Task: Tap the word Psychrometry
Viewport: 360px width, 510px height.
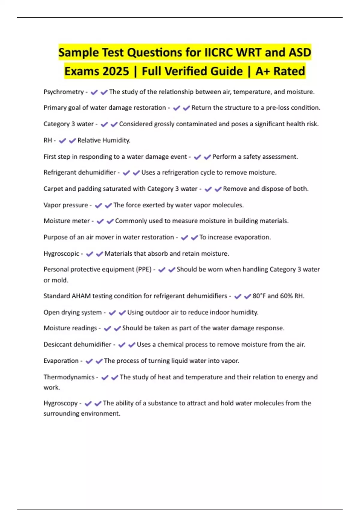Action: pos(64,92)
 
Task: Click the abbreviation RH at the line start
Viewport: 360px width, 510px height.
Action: pos(48,140)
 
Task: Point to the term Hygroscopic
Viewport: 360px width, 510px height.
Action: pos(61,253)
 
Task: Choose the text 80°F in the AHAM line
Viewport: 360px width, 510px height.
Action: pos(259,296)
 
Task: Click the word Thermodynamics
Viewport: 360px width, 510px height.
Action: pos(69,377)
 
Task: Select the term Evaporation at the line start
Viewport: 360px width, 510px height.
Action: pos(61,361)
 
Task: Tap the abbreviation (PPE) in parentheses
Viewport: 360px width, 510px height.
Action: pos(144,269)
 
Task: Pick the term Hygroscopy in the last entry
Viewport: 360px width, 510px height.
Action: pos(61,403)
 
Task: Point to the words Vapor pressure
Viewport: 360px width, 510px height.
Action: pos(66,205)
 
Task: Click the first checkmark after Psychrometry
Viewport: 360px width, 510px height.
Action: pos(94,92)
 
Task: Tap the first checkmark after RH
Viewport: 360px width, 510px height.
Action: pos(62,141)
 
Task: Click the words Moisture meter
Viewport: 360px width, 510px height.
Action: pos(67,221)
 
